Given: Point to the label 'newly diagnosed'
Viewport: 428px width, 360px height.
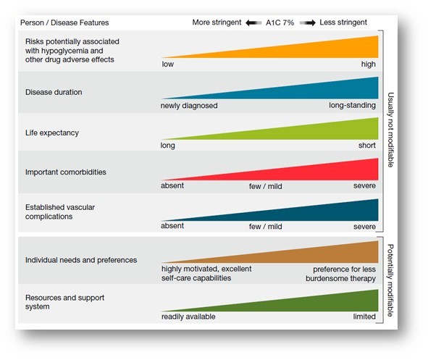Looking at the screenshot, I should tap(189, 105).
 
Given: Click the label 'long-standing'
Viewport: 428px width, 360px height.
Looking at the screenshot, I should tap(353, 105).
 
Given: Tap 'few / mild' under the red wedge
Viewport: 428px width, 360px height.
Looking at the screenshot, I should tap(267, 186).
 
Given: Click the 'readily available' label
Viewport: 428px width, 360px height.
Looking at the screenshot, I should tap(188, 317).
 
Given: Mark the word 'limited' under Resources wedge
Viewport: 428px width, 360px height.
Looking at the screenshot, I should tap(364, 317).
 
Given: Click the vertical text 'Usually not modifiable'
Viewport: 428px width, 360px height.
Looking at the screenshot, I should tap(390, 131).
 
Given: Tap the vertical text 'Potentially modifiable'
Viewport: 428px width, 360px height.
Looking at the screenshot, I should tap(390, 280).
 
